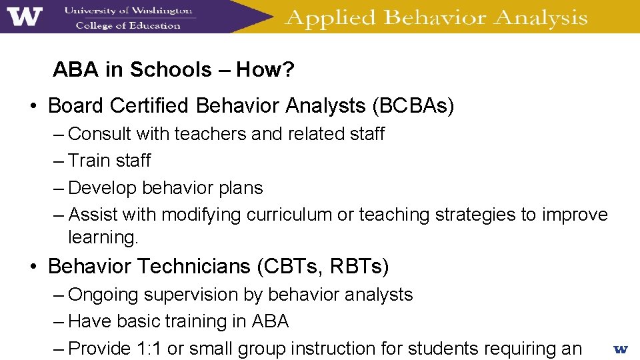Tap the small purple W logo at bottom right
[x=620, y=349]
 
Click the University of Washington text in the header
[x=128, y=11]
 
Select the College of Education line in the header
[x=128, y=25]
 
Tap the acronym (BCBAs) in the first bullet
[x=413, y=106]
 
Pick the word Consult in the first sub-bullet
[x=100, y=134]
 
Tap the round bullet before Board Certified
[x=33, y=107]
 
